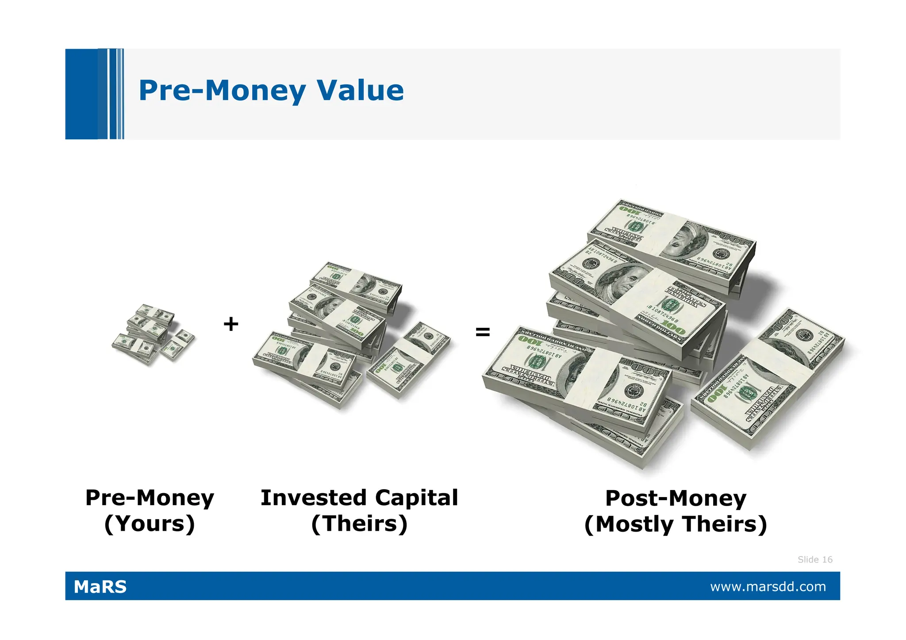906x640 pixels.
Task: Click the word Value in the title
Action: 360,90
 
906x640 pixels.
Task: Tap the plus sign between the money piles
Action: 231,324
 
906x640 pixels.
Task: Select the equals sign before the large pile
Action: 483,332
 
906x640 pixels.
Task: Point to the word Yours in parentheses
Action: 150,524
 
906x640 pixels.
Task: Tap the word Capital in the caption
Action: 416,498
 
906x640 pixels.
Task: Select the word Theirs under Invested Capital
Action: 359,524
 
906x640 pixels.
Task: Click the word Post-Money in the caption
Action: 676,498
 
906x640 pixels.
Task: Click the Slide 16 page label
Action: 815,560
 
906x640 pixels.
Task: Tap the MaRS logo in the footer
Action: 100,586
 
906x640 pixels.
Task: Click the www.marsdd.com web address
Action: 768,586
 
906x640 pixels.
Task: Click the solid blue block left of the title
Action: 82,94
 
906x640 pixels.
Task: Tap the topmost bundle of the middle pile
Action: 356,285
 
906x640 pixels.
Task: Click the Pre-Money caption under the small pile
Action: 150,498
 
